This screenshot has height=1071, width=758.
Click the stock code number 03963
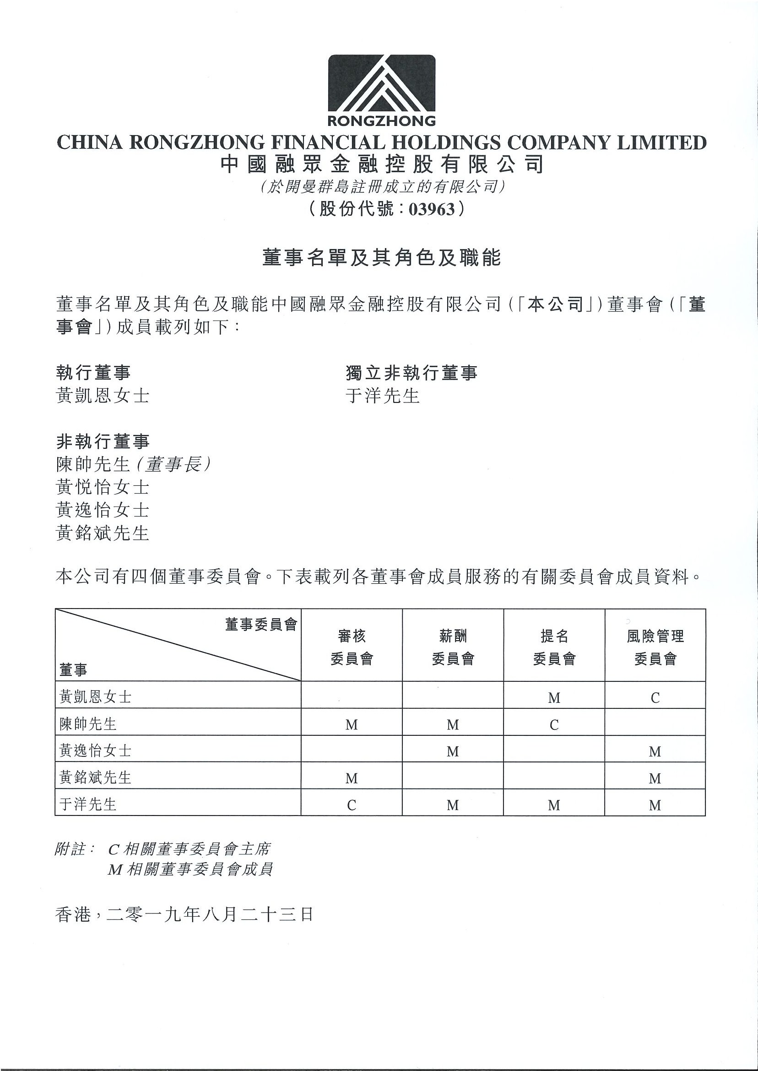[431, 209]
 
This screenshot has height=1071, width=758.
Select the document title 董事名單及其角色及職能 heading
[381, 258]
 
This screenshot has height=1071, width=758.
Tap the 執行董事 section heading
[93, 373]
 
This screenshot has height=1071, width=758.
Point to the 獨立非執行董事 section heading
[411, 373]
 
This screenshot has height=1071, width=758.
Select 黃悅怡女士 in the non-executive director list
[102, 487]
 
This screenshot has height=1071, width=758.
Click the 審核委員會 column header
[352, 647]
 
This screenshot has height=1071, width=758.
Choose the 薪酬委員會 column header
[453, 647]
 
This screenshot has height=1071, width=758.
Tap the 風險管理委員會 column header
[655, 647]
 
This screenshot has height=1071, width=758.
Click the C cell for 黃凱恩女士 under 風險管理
[655, 697]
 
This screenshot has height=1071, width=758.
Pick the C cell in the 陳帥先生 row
[554, 724]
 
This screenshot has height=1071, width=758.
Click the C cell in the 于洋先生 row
[352, 805]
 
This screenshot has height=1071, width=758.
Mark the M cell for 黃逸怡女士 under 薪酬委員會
[453, 751]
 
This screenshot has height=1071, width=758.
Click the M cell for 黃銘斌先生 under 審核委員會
[352, 778]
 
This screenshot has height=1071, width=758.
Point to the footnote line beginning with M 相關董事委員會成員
[190, 870]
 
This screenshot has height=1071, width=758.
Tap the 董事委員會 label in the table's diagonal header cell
[261, 625]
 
